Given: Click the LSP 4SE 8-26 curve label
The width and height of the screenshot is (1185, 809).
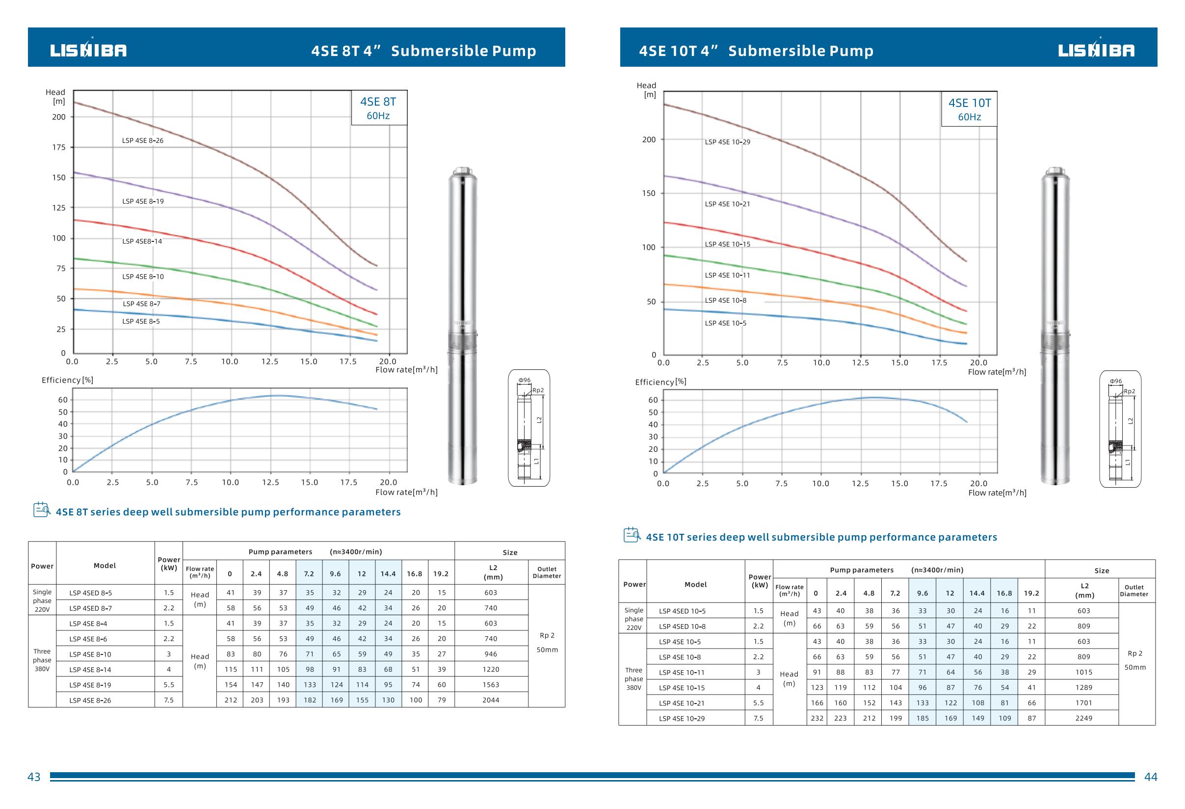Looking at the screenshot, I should tap(143, 141).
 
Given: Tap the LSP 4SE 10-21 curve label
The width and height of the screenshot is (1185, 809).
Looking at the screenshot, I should tap(727, 204).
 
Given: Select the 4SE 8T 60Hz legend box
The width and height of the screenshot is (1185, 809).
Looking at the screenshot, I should tap(379, 108).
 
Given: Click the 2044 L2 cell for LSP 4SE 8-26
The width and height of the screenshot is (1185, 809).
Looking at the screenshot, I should tap(491, 700).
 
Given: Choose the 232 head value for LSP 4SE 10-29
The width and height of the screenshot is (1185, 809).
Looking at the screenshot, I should tap(817, 718).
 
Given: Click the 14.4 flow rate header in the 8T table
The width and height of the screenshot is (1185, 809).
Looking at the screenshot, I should tap(388, 574).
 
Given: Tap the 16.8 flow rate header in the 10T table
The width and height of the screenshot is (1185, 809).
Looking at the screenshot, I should tap(1004, 593).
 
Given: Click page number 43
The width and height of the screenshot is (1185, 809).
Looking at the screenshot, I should tap(34, 777).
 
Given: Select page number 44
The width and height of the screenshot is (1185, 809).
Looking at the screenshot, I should tap(1151, 777).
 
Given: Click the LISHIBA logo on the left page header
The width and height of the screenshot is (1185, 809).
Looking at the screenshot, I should tap(88, 50).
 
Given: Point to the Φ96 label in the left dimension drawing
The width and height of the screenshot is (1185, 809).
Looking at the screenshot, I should tap(524, 380).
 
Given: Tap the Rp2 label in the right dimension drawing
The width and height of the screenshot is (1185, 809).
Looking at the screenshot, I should tap(1130, 391).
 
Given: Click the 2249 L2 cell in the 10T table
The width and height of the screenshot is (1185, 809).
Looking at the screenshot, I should tap(1083, 718).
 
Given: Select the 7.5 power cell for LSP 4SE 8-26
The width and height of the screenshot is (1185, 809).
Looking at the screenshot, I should tap(169, 700).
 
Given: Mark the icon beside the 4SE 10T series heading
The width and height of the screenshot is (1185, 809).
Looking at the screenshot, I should tap(632, 535).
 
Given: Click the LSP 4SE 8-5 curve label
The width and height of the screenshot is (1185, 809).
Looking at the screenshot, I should tap(141, 322).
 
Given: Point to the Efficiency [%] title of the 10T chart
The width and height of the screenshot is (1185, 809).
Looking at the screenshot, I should tap(660, 382).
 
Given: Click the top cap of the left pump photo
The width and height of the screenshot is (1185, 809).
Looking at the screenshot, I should tap(463, 171).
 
